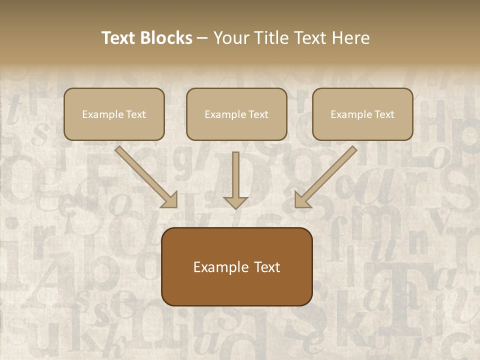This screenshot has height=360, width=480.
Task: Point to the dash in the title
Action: tap(202, 38)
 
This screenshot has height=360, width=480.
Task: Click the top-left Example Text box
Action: tap(114, 114)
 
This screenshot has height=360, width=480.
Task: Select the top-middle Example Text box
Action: tap(236, 114)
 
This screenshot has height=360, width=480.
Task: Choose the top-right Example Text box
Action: tap(362, 114)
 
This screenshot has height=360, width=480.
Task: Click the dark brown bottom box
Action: tap(236, 266)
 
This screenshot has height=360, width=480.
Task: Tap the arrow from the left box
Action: tap(145, 176)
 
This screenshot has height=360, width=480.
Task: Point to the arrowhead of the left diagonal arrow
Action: tap(170, 200)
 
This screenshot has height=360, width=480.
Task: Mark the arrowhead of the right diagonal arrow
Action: tap(302, 200)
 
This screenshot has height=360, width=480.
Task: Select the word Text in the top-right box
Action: tap(383, 114)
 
